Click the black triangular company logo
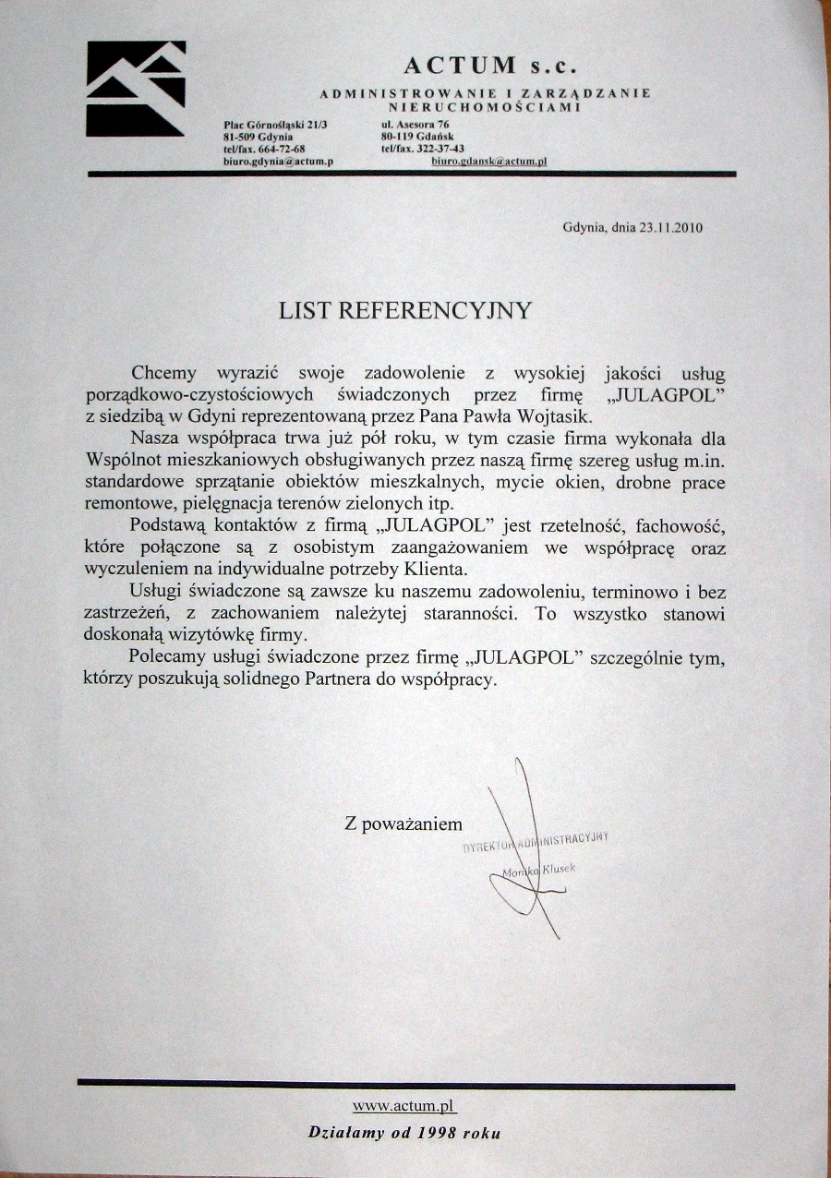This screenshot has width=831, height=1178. tap(136, 89)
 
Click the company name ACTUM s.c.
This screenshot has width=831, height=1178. tap(488, 65)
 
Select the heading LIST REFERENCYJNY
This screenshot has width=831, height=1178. tap(405, 310)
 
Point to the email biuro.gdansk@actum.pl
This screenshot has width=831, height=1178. tap(489, 160)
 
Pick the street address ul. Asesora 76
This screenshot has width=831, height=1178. tap(415, 124)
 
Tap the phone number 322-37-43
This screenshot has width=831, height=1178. tap(441, 148)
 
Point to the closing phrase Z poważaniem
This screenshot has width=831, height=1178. tap(403, 823)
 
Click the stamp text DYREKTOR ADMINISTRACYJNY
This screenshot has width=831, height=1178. tap(536, 842)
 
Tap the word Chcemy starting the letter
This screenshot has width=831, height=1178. tap(164, 374)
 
